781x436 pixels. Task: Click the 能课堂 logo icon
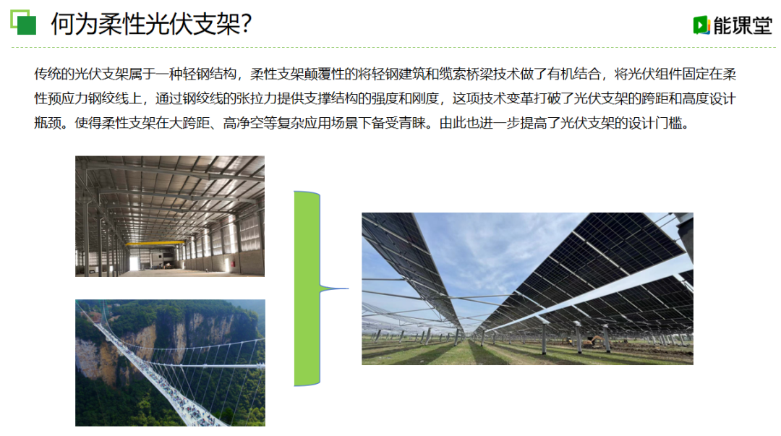(701, 25)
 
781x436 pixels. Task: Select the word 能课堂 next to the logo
(743, 25)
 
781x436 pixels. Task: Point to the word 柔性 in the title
(122, 24)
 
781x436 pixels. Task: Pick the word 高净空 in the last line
(243, 123)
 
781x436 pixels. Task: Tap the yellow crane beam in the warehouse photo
(155, 244)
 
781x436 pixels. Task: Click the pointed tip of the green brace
(348, 288)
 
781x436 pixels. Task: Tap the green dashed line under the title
(393, 47)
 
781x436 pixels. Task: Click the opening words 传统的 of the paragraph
(54, 74)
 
